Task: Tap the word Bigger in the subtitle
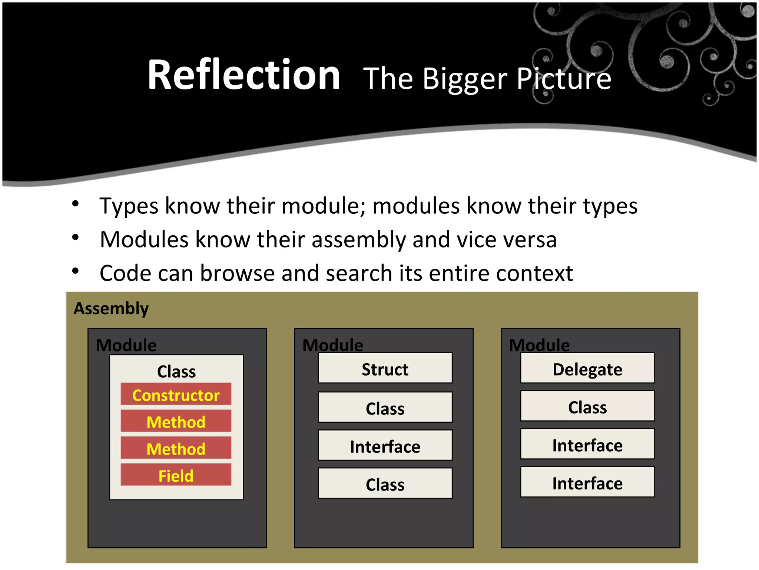pyautogui.click(x=465, y=79)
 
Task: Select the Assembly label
pyautogui.click(x=111, y=309)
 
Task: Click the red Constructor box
pyautogui.click(x=176, y=394)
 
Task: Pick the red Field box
pyautogui.click(x=176, y=475)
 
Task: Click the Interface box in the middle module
pyautogui.click(x=385, y=446)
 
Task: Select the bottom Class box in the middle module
pyautogui.click(x=385, y=484)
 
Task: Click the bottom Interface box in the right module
pyautogui.click(x=587, y=482)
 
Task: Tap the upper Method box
pyautogui.click(x=176, y=422)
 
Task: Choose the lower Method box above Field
pyautogui.click(x=176, y=448)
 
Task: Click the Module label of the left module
pyautogui.click(x=126, y=345)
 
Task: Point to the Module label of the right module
pyautogui.click(x=539, y=345)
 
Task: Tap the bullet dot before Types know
pyautogui.click(x=76, y=204)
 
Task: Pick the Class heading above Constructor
pyautogui.click(x=176, y=371)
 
